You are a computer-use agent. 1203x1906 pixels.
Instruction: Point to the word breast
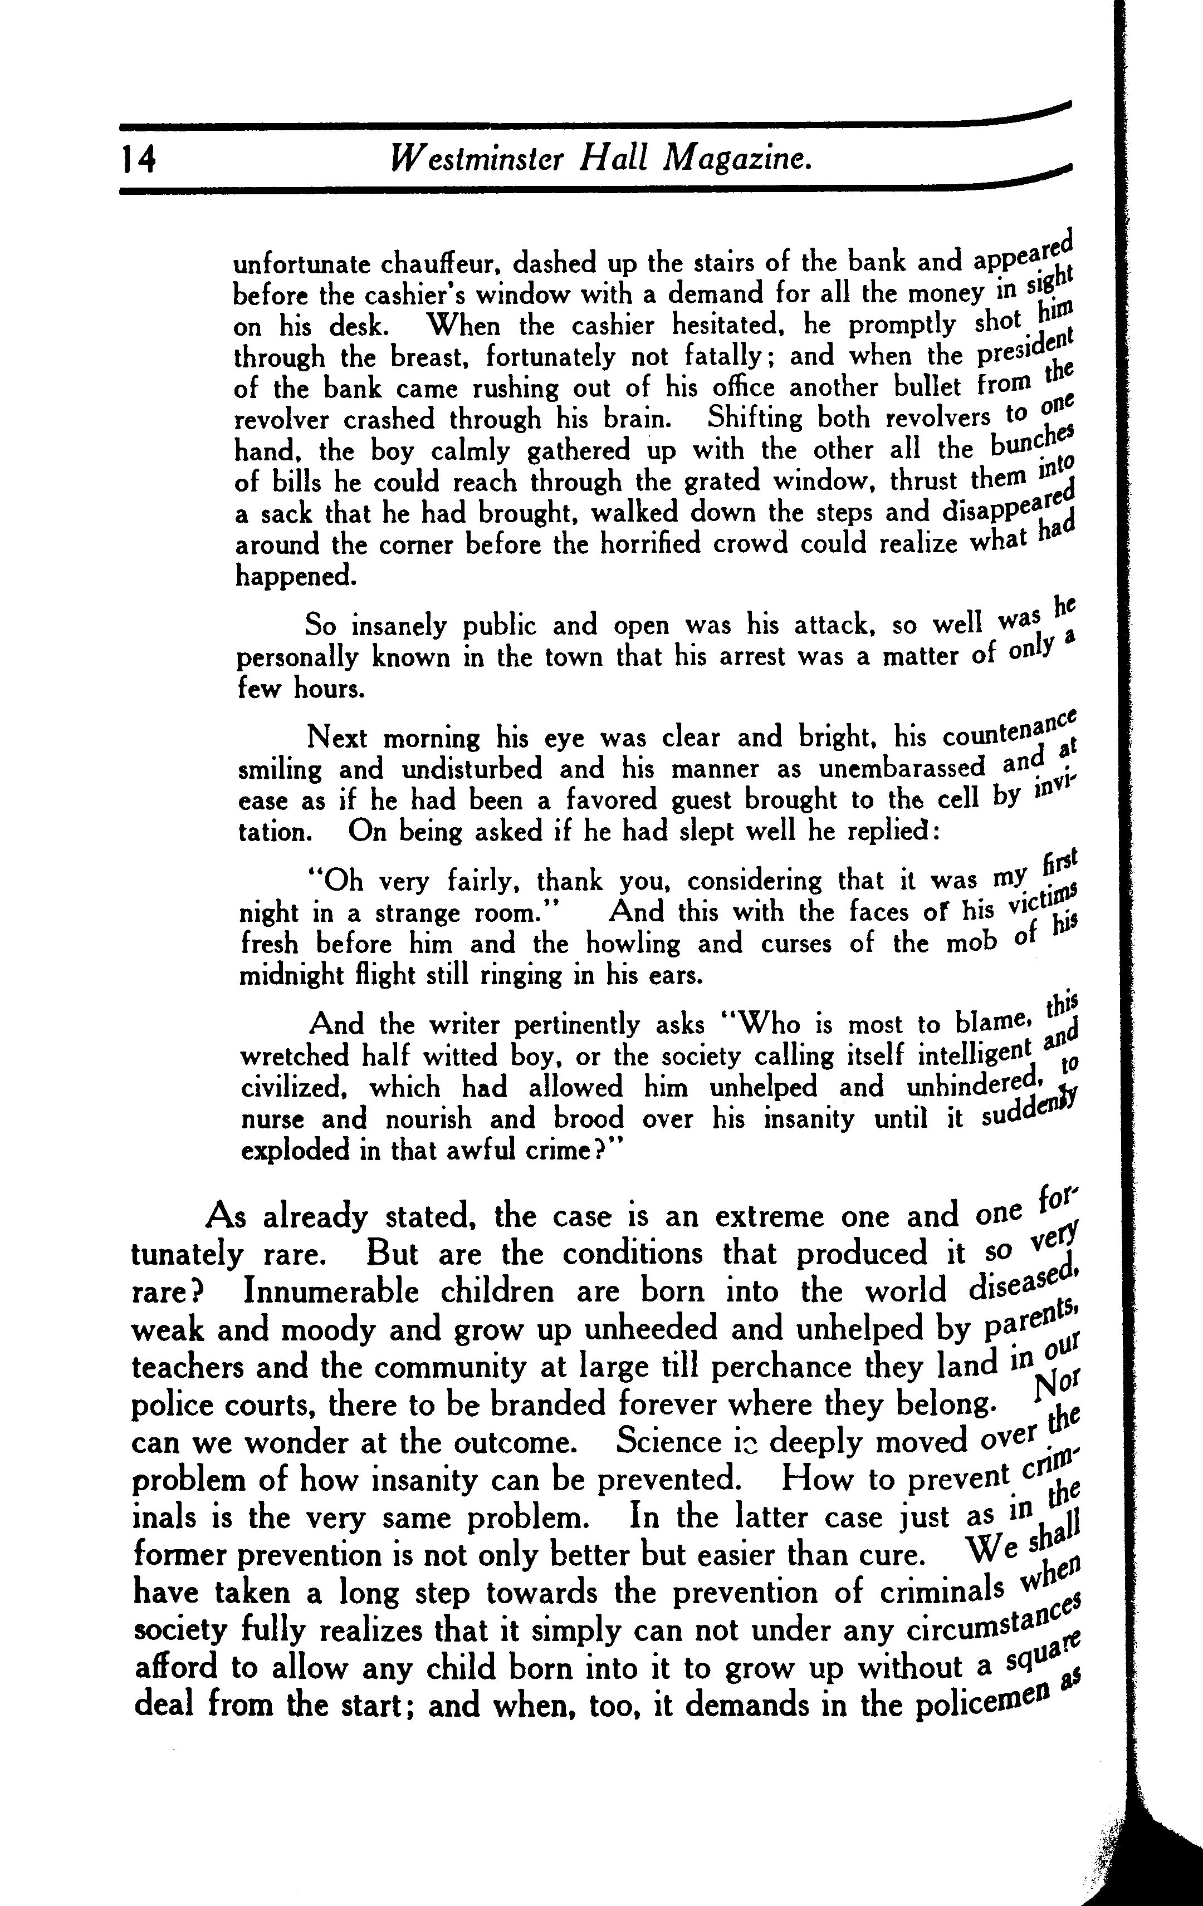424,358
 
